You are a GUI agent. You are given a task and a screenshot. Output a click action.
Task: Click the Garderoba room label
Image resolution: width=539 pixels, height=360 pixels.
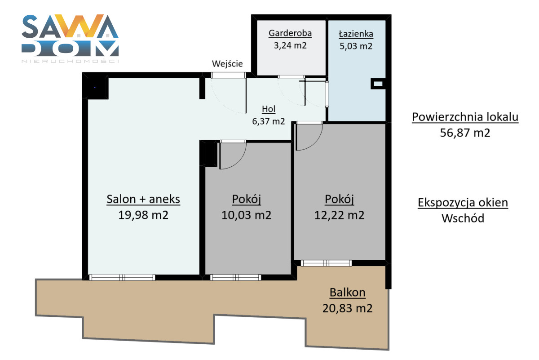pos(290,33)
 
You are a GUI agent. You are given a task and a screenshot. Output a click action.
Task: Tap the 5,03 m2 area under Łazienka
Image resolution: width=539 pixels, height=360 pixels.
pos(356,46)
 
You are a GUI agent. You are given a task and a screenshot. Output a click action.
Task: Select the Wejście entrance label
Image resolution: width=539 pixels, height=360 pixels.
pos(227,64)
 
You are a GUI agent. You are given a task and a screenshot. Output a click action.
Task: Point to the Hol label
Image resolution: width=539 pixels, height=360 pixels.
pos(269,109)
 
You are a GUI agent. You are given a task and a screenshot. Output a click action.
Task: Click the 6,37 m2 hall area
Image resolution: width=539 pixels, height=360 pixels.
pos(269,121)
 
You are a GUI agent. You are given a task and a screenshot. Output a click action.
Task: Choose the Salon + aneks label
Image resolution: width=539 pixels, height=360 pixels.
pos(143,200)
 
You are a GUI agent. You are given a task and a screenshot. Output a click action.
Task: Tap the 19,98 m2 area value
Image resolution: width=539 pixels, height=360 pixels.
pos(143,215)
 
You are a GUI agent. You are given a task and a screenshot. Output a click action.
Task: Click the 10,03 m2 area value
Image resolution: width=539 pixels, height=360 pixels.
pos(247,215)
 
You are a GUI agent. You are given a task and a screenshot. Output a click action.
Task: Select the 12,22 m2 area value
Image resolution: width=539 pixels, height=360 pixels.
pos(339,215)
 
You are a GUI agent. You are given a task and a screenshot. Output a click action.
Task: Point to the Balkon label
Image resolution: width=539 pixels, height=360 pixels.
pos(348,293)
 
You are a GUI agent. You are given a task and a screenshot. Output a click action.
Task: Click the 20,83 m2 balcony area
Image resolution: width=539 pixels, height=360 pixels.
pos(348,308)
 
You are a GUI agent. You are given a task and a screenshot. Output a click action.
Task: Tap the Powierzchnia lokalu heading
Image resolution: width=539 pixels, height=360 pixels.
pos(465,117)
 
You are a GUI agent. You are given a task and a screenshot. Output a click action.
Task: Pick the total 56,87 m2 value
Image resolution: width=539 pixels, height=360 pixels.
pos(465,133)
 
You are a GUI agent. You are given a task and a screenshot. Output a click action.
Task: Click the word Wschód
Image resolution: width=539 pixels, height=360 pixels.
pos(463,218)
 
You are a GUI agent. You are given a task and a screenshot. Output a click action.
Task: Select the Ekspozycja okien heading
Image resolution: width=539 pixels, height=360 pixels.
pos(463,203)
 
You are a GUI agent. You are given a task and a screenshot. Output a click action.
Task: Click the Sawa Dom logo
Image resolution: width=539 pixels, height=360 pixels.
pos(70,39)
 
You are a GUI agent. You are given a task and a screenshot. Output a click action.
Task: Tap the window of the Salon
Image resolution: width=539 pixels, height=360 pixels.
pos(122,277)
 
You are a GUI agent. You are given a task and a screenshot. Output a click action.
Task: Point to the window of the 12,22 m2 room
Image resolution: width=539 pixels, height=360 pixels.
pos(326,263)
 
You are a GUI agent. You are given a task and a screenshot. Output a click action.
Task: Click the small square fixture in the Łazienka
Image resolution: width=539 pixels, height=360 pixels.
pos(378,84)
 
